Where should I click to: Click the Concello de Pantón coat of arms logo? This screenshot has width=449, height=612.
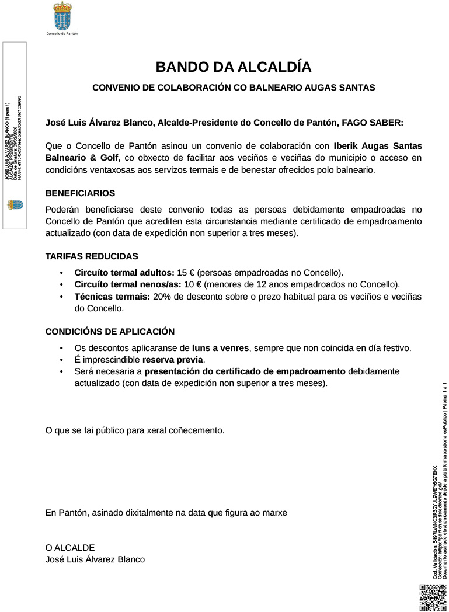tap(62, 16)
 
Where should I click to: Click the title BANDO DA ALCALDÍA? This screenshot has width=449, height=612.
tap(233, 67)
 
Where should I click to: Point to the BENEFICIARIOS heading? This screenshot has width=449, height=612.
tap(80, 193)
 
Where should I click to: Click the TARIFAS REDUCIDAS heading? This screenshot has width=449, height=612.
tap(92, 256)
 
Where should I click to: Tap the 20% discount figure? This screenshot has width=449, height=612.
tap(162, 297)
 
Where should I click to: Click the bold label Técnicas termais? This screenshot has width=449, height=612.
tap(112, 297)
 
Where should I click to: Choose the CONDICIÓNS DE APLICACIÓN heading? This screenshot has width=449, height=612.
tap(110, 331)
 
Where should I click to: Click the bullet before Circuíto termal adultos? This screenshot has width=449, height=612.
tap(61, 273)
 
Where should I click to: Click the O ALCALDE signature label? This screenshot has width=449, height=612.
tap(70, 547)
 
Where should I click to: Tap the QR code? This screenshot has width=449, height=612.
tap(432, 596)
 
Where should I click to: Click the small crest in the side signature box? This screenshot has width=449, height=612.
tap(15, 205)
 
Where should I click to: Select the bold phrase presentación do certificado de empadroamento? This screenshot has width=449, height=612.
tap(245, 371)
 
